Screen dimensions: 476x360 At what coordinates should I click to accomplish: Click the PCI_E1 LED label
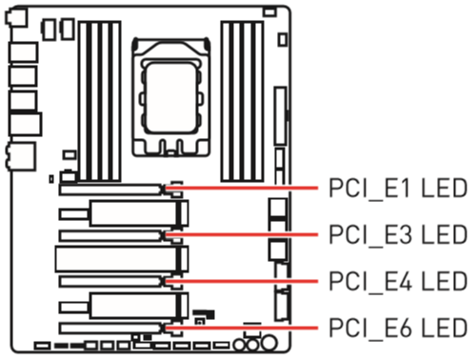(x=398, y=189)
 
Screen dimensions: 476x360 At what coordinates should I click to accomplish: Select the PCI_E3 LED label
(x=398, y=235)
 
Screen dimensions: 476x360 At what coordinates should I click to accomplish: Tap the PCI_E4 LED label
(x=398, y=281)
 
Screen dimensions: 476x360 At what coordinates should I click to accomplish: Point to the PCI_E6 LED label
(x=398, y=328)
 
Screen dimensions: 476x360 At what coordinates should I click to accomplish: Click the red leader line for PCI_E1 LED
(x=242, y=188)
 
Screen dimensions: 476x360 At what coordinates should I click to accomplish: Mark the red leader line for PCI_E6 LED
(x=242, y=328)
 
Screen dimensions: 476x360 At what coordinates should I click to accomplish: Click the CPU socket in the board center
(x=171, y=97)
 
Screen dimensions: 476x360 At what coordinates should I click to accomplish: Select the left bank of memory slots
(x=100, y=102)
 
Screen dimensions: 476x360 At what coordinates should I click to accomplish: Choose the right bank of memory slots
(x=243, y=102)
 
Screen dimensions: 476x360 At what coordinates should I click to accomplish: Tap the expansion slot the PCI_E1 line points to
(x=110, y=190)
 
